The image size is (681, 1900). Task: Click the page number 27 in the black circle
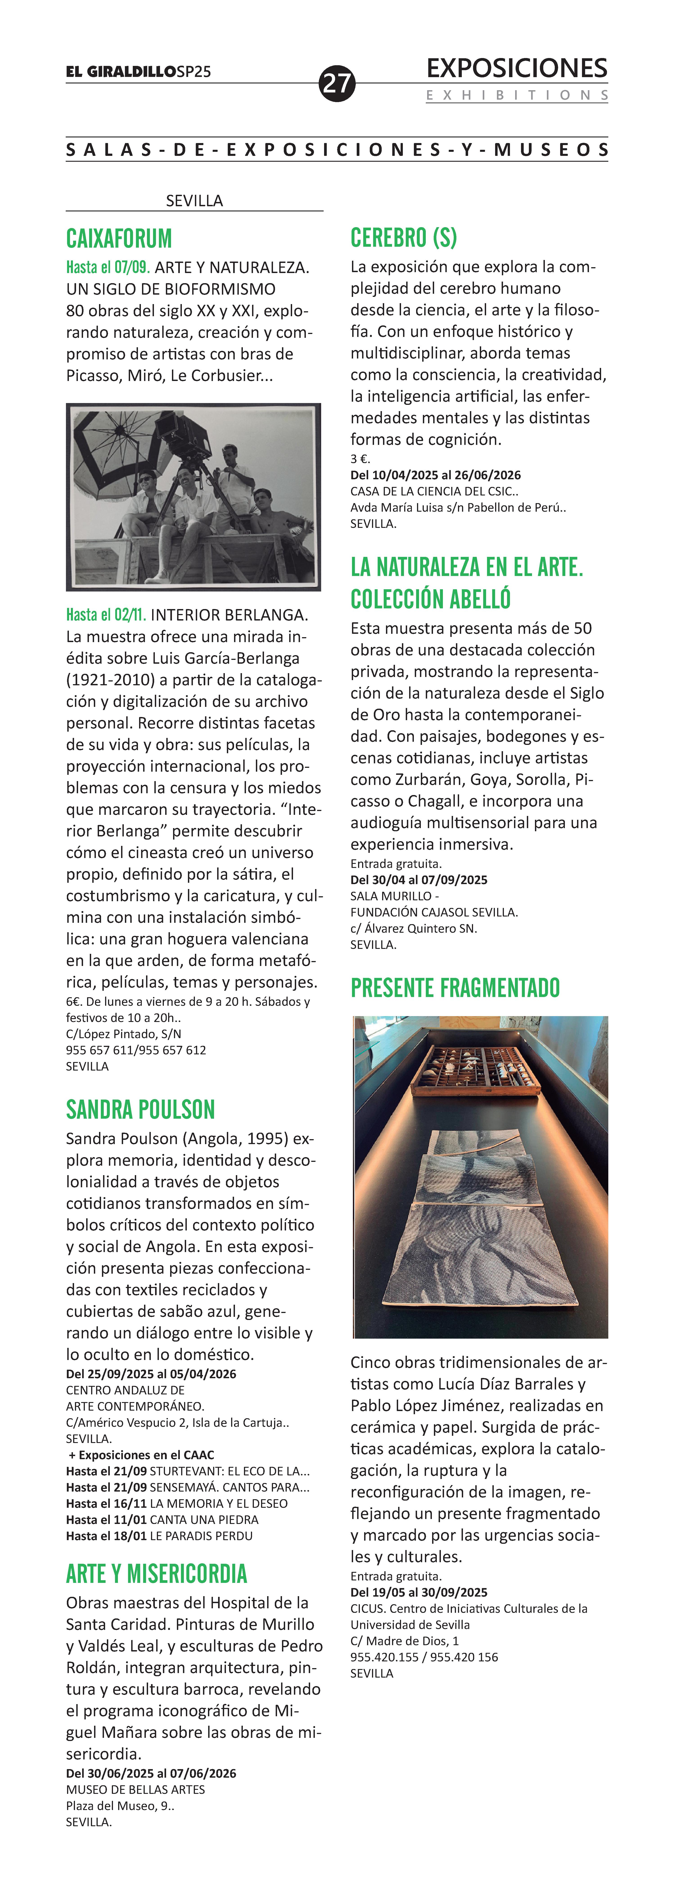336,83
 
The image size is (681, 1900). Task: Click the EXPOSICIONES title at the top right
516,69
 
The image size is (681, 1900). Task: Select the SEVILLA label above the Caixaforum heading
194,201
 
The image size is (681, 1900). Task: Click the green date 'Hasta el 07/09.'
108,267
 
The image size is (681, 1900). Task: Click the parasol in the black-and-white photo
111,443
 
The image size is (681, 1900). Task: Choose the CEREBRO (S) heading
404,237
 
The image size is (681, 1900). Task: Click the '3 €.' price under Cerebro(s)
360,459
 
